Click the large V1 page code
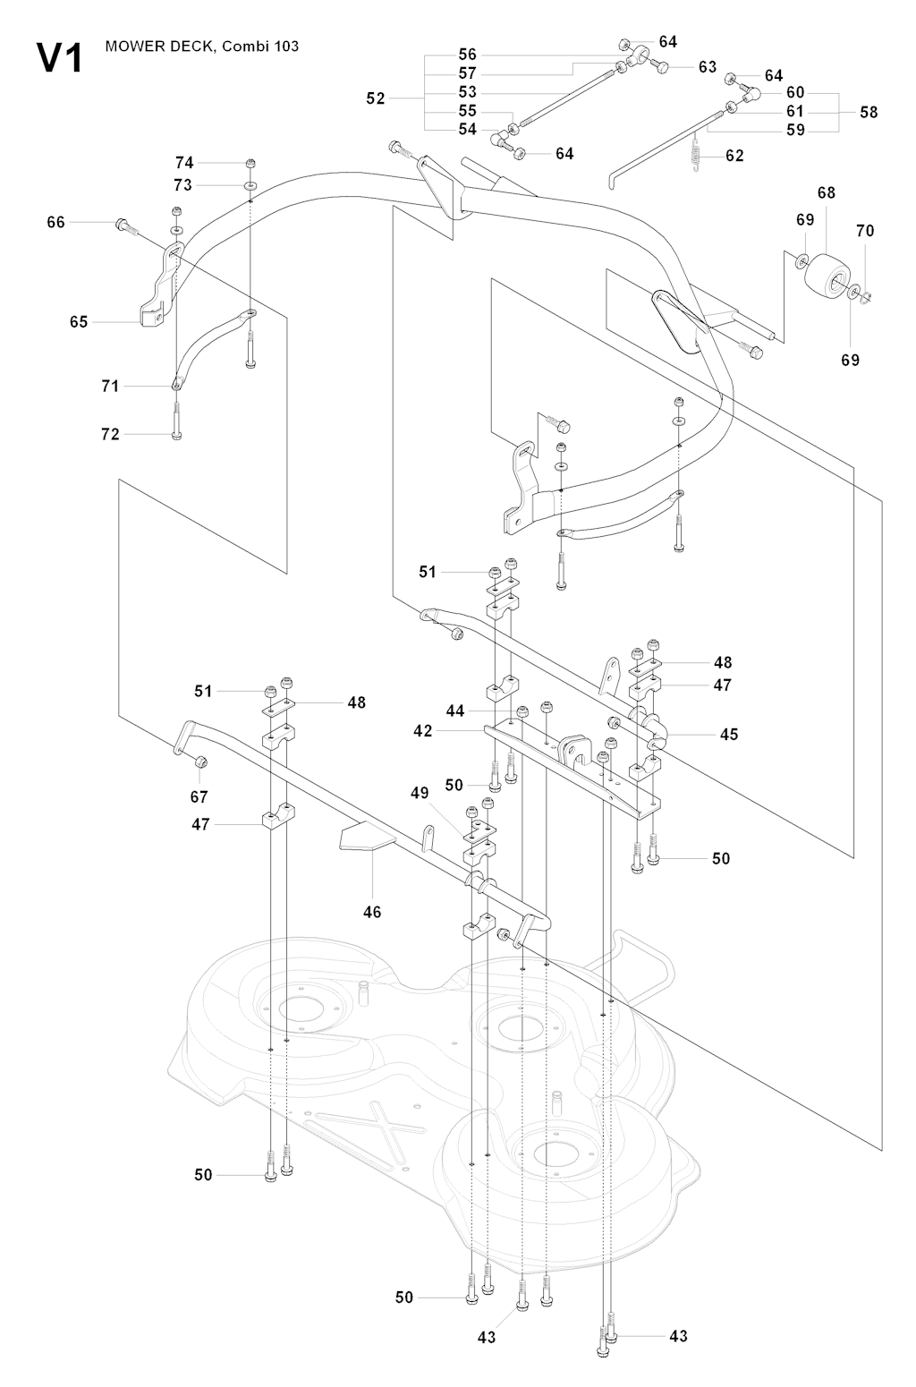pyautogui.click(x=59, y=59)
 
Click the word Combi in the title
pyautogui.click(x=235, y=47)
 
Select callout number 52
pyautogui.click(x=376, y=98)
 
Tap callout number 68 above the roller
pyautogui.click(x=826, y=193)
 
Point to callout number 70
pyautogui.click(x=865, y=231)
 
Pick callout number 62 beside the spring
pyautogui.click(x=734, y=156)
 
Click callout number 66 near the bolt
pyautogui.click(x=56, y=222)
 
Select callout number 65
pyautogui.click(x=79, y=321)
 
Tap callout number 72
pyautogui.click(x=110, y=434)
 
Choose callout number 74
pyautogui.click(x=184, y=163)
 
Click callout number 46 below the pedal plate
pyautogui.click(x=372, y=912)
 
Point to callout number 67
pyautogui.click(x=199, y=796)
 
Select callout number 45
pyautogui.click(x=729, y=734)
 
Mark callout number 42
pyautogui.click(x=423, y=730)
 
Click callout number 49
pyautogui.click(x=420, y=793)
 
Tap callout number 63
pyautogui.click(x=708, y=67)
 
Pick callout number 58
pyautogui.click(x=869, y=112)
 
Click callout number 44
pyautogui.click(x=455, y=711)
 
